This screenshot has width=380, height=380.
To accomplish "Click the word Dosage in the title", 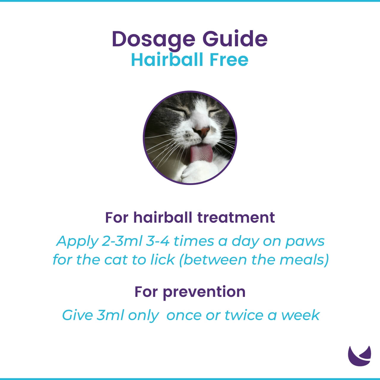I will pyautogui.click(x=153, y=39).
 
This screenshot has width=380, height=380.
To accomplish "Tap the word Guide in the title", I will pyautogui.click(x=235, y=39).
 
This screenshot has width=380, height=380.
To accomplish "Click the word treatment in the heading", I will pyautogui.click(x=236, y=217).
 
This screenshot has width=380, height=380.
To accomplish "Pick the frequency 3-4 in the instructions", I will pyautogui.click(x=158, y=241).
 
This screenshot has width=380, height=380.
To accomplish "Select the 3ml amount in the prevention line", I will pyautogui.click(x=110, y=315).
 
